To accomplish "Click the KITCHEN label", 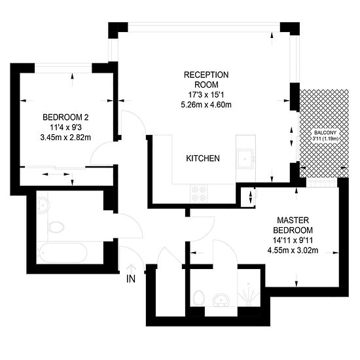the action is [203, 158].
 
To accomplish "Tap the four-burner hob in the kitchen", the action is [199, 193].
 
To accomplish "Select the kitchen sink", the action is [245, 158].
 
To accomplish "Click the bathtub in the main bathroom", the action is [62, 253].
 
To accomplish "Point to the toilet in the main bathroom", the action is [56, 227].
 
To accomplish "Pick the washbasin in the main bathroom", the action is [43, 206].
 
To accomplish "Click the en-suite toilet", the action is [198, 298].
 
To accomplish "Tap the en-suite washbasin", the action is [221, 300].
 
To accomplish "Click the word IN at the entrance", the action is [131, 279].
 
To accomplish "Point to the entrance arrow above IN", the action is [131, 268].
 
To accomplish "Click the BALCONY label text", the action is [325, 133].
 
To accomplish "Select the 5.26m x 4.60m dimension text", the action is [206, 105].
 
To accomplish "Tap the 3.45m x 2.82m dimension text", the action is [65, 137].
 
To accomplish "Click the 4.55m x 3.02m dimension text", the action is [293, 250].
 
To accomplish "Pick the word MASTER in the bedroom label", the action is [293, 221].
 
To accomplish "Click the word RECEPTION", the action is [206, 75].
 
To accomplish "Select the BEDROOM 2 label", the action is [65, 117].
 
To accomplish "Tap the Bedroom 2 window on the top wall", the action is [63, 68].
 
